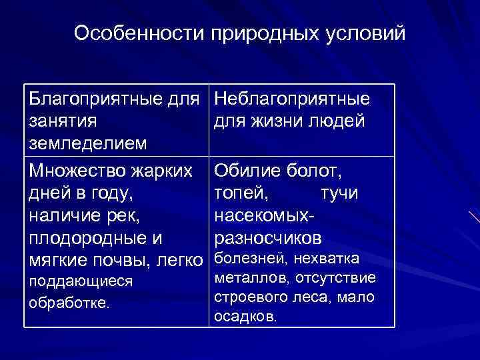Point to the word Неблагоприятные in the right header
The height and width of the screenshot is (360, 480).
pyautogui.click(x=292, y=101)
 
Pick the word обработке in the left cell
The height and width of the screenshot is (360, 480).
pyautogui.click(x=69, y=303)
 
